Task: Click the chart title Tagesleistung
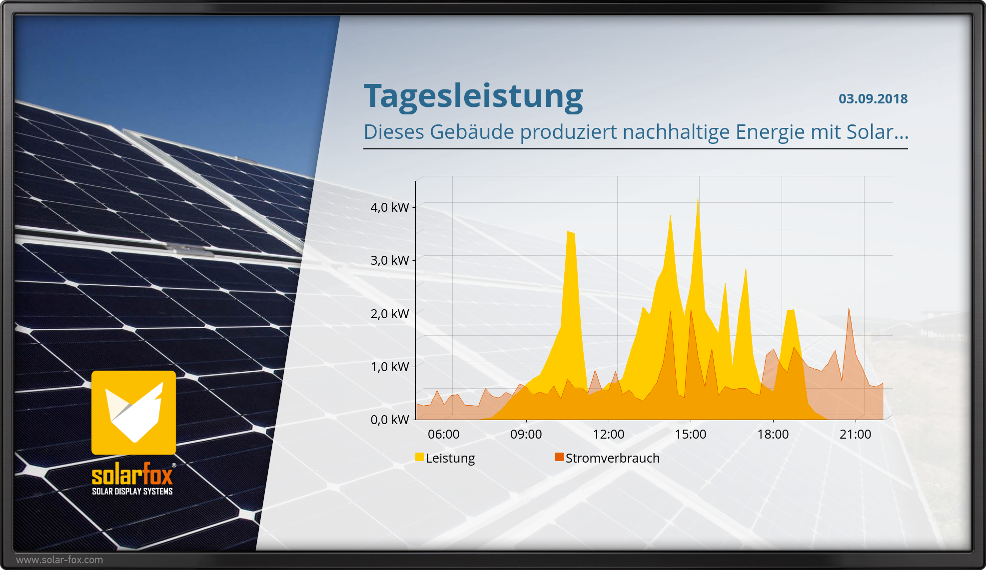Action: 473,96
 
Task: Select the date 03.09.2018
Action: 873,98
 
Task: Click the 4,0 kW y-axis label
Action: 390,207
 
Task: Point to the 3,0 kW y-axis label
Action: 390,260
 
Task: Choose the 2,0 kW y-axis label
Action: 390,314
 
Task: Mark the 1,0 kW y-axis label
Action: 390,367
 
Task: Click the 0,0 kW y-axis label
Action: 390,420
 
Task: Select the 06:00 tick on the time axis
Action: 444,434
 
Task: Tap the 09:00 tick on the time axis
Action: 526,434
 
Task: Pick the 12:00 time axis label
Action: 609,434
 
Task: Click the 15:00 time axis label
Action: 691,434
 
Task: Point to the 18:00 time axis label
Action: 773,434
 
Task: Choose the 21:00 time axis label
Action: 856,434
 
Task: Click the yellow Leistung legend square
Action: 419,457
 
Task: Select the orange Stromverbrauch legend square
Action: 559,457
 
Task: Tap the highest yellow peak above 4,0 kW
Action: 698,198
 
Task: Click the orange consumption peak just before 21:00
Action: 849,308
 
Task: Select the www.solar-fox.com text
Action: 59,560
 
